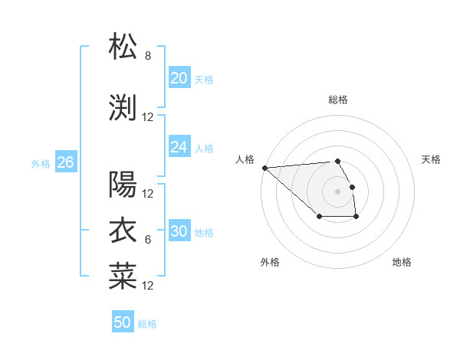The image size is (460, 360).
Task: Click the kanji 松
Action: pyautogui.click(x=123, y=47)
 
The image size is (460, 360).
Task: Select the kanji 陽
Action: pyautogui.click(x=123, y=184)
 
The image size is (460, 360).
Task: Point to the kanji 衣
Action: pyautogui.click(x=123, y=230)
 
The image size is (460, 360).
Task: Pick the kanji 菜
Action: pyautogui.click(x=123, y=276)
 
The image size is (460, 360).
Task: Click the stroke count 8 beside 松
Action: pyautogui.click(x=148, y=56)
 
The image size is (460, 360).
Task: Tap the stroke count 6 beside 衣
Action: pyautogui.click(x=148, y=240)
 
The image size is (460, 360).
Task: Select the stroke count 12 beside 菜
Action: pyautogui.click(x=148, y=286)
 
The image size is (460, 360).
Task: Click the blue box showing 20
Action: pyautogui.click(x=179, y=78)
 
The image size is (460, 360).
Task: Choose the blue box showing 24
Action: pyautogui.click(x=179, y=147)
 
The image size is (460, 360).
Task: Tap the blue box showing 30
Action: pyautogui.click(x=179, y=231)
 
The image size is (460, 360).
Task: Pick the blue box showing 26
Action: pyautogui.click(x=65, y=162)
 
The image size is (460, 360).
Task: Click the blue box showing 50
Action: pyautogui.click(x=122, y=322)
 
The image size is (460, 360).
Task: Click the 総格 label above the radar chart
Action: pyautogui.click(x=338, y=100)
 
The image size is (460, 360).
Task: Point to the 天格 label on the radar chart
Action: pyautogui.click(x=431, y=159)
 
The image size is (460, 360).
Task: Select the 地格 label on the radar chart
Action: pyautogui.click(x=402, y=263)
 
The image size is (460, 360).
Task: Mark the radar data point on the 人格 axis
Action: pyautogui.click(x=264, y=168)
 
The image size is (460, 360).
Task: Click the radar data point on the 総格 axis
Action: pyautogui.click(x=337, y=161)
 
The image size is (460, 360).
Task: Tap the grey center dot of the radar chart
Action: pyautogui.click(x=337, y=191)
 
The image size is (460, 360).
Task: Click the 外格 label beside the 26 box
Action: pyautogui.click(x=41, y=163)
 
